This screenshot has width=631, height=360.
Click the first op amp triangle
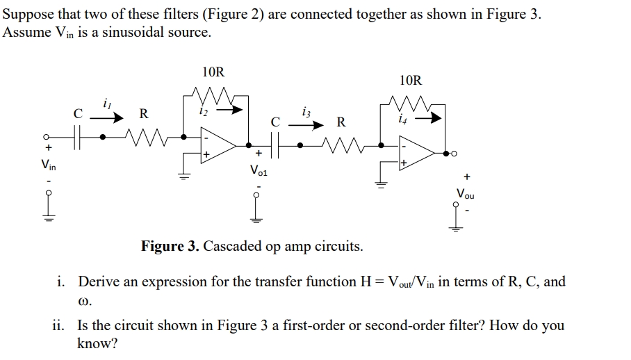(x=213, y=145)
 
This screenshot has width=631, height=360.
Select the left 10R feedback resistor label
(x=213, y=72)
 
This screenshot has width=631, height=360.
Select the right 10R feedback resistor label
(x=411, y=81)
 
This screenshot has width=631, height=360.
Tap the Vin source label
(x=48, y=165)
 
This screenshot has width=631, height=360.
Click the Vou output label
(x=466, y=193)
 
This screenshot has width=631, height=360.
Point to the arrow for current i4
(x=431, y=117)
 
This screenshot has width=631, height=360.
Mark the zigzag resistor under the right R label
(x=341, y=145)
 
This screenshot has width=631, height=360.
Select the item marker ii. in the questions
(x=59, y=325)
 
